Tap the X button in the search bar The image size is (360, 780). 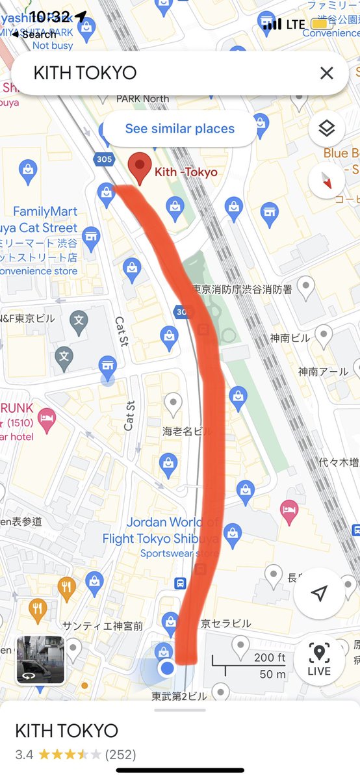point(326,73)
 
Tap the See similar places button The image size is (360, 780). point(179,129)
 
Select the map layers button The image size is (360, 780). point(326,129)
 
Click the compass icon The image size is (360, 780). point(326,180)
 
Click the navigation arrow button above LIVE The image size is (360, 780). point(319,593)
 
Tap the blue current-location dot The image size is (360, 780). point(168,668)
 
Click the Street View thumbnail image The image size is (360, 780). point(40,660)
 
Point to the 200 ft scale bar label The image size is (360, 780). point(269,658)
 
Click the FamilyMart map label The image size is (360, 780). point(45,212)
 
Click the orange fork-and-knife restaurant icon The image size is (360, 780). point(66,588)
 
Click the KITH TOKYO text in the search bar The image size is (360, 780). point(85,73)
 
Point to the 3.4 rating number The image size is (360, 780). point(24,755)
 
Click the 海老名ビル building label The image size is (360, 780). point(187,431)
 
